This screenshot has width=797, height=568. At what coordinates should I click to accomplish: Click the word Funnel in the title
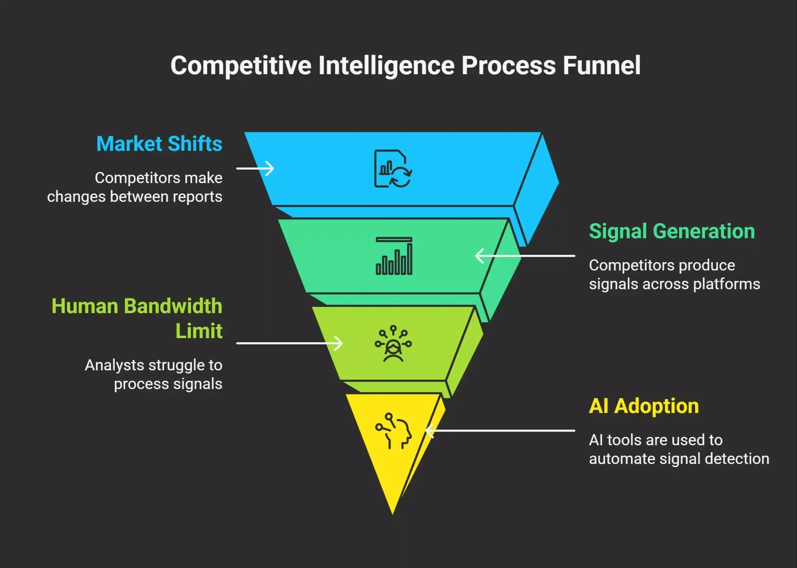point(602,65)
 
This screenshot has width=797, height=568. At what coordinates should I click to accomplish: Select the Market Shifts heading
point(159,144)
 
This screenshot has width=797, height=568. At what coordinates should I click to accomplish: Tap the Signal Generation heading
point(672,231)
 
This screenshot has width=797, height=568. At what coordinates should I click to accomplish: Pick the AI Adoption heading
point(644,406)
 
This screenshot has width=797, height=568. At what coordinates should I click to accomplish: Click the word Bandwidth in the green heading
point(173,306)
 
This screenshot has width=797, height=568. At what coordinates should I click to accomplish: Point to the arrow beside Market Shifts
point(255,168)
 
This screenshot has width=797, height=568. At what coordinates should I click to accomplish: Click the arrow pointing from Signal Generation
point(525,256)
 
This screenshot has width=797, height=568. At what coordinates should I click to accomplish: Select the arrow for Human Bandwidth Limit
point(290,343)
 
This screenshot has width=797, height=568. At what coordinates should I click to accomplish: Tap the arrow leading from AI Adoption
point(500,431)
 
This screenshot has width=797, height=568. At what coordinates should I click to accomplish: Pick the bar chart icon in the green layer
point(394,256)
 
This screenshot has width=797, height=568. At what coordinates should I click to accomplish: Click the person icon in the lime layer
point(393,344)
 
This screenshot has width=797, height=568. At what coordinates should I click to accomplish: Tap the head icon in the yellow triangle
point(393,431)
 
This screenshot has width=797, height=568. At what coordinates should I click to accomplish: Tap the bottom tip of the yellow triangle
point(393,515)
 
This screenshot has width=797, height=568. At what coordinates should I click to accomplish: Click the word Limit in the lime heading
point(199,331)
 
